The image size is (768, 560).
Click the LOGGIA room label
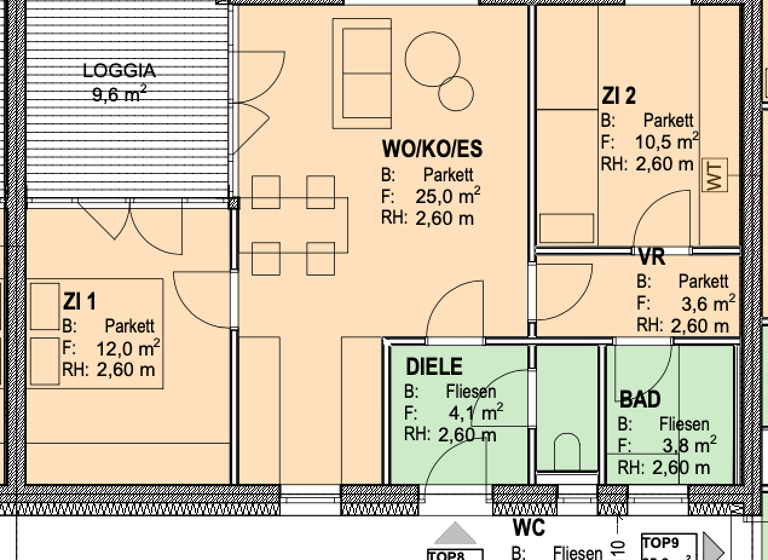coord(119,72)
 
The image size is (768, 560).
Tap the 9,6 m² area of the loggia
coord(119,96)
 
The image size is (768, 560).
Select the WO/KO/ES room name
coord(432,150)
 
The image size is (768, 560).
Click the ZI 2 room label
coord(618,97)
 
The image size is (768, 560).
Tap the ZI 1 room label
coord(80,301)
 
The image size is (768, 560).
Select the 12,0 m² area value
coord(131,348)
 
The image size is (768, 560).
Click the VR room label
coord(652,259)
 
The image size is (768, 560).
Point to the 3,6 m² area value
coord(708,303)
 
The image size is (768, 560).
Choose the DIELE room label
coord(434,367)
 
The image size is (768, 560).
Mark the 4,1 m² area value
coord(474,412)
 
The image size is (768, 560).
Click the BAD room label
coord(639,400)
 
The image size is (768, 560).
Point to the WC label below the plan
coord(528,528)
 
